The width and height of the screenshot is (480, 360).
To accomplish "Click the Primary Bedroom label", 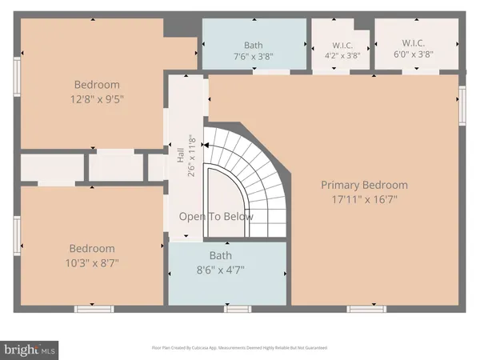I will pyautogui.click(x=364, y=185).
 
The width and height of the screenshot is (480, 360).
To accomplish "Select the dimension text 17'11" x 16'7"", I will pyautogui.click(x=364, y=199).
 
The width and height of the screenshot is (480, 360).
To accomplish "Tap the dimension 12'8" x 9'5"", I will pyautogui.click(x=97, y=100).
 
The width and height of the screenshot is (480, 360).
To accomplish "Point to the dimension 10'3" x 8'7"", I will pyautogui.click(x=91, y=263).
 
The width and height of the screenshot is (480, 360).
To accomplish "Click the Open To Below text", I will pyautogui.click(x=216, y=217).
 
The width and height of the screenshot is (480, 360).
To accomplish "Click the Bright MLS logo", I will pyautogui.click(x=30, y=349).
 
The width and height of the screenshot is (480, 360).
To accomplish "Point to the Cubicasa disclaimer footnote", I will pyautogui.click(x=240, y=348).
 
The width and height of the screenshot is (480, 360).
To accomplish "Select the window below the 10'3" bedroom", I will pyautogui.click(x=89, y=308).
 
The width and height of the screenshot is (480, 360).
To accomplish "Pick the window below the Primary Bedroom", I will pyautogui.click(x=362, y=308).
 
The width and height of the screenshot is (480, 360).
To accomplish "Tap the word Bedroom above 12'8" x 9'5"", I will pyautogui.click(x=97, y=85).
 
